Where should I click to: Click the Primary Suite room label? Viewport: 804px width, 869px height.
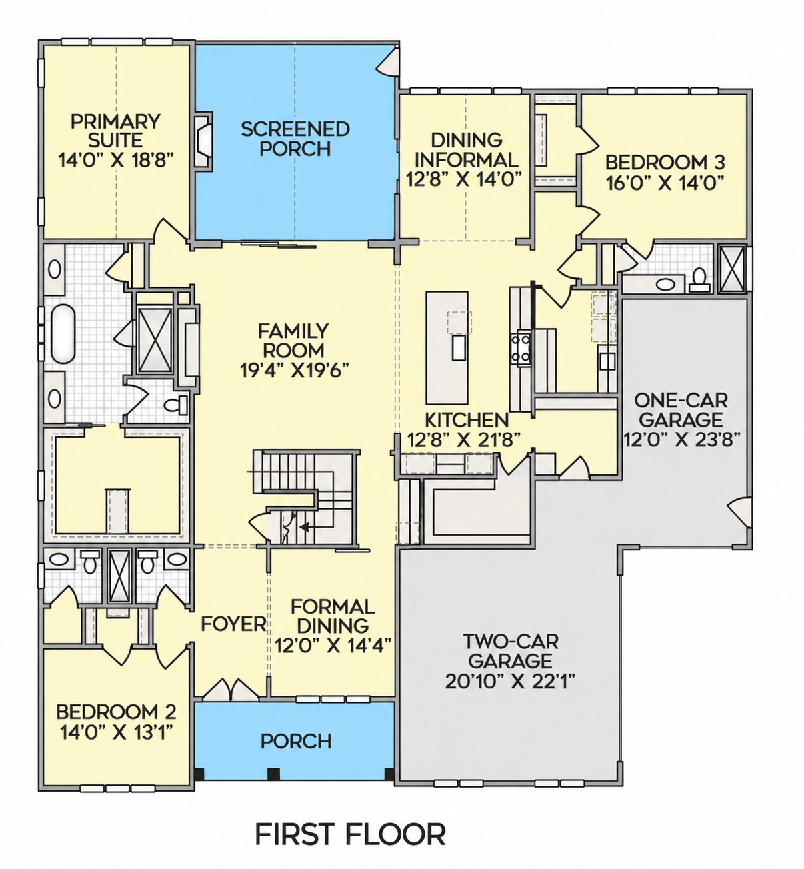pos(115,131)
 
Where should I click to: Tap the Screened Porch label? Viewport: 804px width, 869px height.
pos(295,139)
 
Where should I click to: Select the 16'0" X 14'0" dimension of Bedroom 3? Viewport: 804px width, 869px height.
pos(665,183)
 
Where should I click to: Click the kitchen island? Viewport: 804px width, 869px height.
pos(447,347)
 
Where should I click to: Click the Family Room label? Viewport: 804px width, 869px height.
pos(293,340)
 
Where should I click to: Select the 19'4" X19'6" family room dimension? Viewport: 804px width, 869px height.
pos(294,370)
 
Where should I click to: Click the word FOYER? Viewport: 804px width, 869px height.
pos(233,624)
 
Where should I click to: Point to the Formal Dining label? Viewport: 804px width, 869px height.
pos(333,616)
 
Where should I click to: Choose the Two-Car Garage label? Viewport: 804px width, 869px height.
pos(511,651)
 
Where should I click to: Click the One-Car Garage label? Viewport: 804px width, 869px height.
pos(681,410)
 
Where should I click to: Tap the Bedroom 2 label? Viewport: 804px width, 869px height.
pos(116,712)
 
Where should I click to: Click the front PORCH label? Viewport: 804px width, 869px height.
pos(296,741)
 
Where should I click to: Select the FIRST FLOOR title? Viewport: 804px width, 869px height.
pos(350,834)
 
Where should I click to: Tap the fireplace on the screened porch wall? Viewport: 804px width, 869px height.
pos(203,140)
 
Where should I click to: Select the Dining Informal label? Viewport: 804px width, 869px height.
pos(466,150)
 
